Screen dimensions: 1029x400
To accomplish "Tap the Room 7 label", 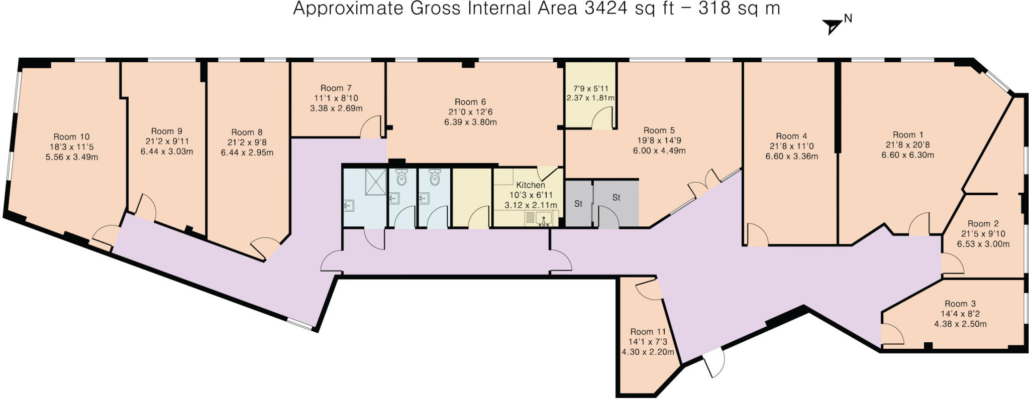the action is coord(332,88).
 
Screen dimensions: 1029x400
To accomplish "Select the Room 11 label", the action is coord(648,332).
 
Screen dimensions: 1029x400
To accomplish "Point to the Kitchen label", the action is coord(531,185).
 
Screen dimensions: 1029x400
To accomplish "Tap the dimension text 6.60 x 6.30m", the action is coord(908,155).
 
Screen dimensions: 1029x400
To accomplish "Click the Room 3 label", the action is coord(960,304).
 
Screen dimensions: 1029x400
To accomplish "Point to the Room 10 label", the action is coord(71,137).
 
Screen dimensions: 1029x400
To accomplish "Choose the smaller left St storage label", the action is coord(578,204).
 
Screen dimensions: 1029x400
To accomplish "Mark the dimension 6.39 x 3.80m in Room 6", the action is coord(471,122).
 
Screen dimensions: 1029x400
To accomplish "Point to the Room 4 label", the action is coord(791,137).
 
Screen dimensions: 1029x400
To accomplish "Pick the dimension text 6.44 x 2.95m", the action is coord(247,153).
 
